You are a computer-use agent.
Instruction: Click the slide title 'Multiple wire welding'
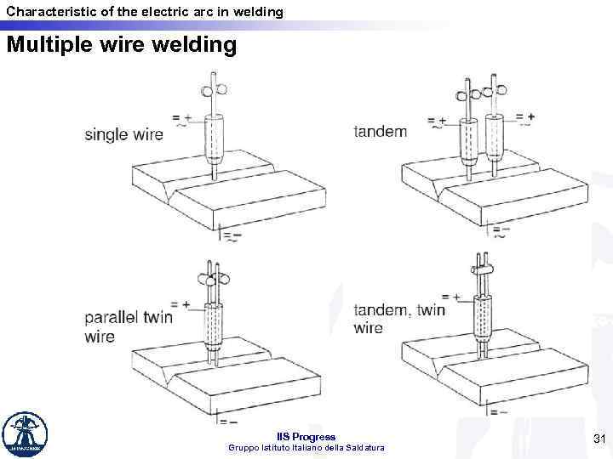[x=121, y=44]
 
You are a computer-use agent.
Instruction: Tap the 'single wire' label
[x=123, y=134]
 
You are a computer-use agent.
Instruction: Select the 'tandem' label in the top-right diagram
[x=380, y=132]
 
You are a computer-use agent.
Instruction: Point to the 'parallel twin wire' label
[x=128, y=327]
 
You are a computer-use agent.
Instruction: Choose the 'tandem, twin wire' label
[x=398, y=319]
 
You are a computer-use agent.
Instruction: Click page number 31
[x=598, y=439]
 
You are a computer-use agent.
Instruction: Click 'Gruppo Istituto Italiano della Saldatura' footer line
[x=307, y=448]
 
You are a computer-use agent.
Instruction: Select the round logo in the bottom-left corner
[x=26, y=434]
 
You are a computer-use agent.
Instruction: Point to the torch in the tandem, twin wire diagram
[x=483, y=315]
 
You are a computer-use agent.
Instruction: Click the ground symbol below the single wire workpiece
[x=231, y=235]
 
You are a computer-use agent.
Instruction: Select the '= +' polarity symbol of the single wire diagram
[x=181, y=119]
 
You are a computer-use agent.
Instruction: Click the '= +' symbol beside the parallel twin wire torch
[x=180, y=304]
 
